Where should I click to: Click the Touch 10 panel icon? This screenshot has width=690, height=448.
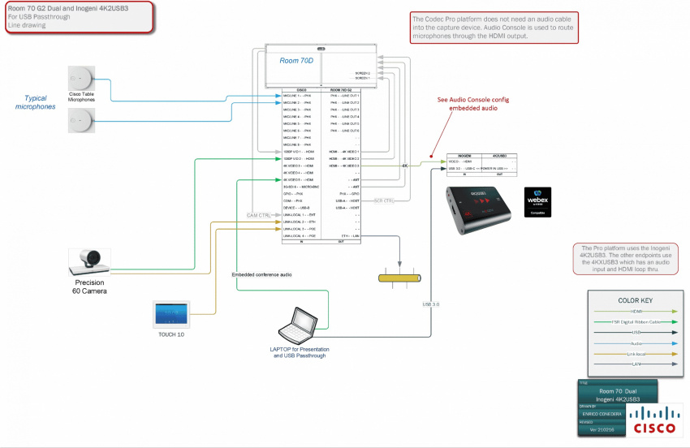(x=171, y=314)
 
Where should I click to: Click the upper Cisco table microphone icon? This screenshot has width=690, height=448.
(x=81, y=80)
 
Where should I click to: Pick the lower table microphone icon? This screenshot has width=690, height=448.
(x=81, y=121)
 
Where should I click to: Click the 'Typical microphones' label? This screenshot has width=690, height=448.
(x=36, y=102)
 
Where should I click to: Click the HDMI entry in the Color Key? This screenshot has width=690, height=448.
(x=634, y=310)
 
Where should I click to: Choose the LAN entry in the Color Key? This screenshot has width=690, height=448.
(x=634, y=364)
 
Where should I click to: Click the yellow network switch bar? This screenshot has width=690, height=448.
(x=399, y=278)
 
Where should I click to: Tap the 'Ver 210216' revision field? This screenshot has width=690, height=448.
(x=600, y=429)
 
